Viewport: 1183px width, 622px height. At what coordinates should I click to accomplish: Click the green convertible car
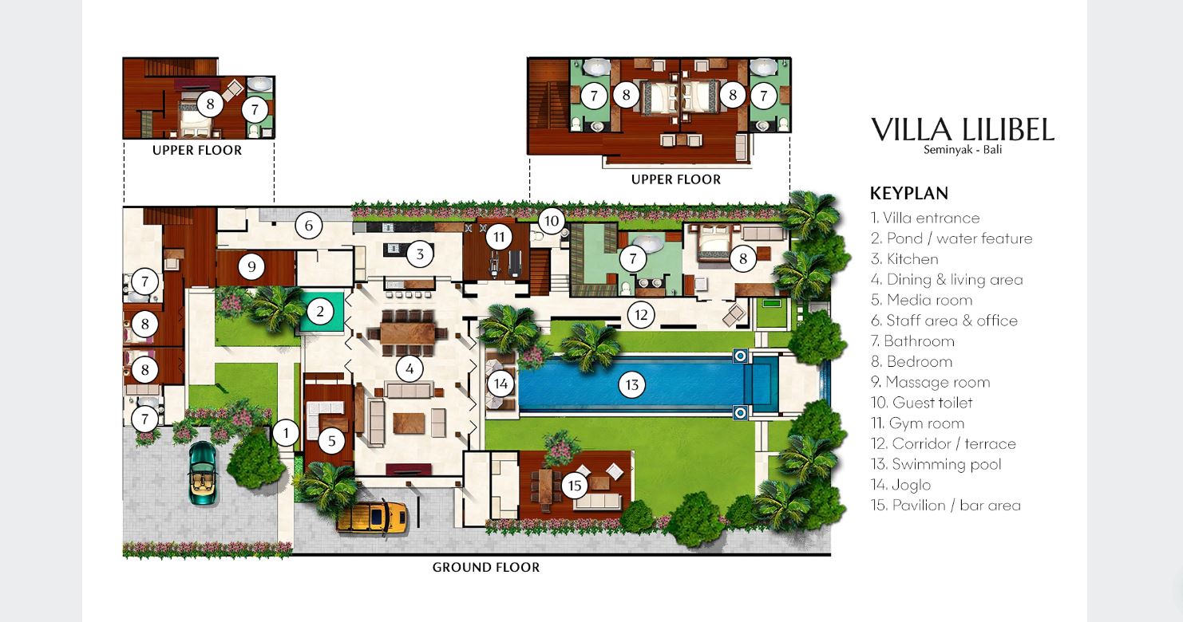203,473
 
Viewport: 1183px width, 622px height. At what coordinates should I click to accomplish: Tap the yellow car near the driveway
372,518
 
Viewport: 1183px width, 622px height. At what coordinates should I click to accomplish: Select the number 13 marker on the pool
632,385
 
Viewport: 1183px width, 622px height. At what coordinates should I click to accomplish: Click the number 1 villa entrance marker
286,433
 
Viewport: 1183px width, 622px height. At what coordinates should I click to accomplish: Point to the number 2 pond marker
319,312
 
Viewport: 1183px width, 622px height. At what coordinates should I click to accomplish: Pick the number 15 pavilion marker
575,486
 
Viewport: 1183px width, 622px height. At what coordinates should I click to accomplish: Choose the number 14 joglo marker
500,384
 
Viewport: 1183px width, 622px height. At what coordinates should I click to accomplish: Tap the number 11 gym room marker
499,237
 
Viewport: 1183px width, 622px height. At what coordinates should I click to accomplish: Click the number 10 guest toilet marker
552,221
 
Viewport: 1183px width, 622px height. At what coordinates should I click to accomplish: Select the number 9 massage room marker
251,266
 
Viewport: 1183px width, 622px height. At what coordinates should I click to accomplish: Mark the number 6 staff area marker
308,225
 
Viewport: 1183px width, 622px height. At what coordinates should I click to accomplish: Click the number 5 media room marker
331,440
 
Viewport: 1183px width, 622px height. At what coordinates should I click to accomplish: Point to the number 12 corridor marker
641,315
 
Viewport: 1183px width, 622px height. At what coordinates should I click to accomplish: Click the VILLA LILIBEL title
962,130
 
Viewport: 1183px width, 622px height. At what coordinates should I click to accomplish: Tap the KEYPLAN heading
909,193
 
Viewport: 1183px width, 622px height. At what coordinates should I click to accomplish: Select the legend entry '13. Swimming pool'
936,464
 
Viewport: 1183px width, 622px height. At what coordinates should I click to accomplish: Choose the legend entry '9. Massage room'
930,382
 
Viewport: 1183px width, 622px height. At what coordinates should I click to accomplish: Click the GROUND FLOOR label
486,567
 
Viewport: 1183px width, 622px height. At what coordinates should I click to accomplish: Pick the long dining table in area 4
407,333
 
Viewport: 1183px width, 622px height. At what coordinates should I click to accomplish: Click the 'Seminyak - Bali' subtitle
962,149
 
